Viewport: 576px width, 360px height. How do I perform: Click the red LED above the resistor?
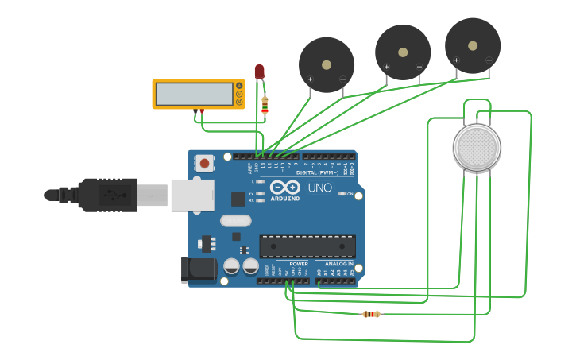(259, 72)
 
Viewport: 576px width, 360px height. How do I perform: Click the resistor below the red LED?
(265, 105)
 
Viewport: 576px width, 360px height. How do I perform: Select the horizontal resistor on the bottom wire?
(370, 314)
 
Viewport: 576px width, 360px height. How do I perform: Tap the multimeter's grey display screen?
(194, 94)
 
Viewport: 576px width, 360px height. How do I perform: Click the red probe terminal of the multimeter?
(202, 110)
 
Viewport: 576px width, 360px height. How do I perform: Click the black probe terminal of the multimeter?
(195, 110)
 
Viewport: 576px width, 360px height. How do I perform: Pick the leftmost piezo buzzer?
(326, 64)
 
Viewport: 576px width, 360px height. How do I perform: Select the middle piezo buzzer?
(403, 52)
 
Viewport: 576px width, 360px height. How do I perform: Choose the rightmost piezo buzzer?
(473, 45)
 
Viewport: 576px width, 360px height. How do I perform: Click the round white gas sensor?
(477, 147)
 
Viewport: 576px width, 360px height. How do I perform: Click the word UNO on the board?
(320, 188)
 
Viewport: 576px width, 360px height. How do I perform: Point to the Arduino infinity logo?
(284, 188)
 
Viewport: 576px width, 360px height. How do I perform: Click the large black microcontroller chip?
(307, 246)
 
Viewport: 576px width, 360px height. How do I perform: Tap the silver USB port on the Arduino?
(192, 195)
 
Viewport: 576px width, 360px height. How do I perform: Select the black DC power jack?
(198, 269)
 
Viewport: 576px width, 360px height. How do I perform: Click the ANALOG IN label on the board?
(338, 264)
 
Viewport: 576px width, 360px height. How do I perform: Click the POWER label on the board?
(298, 264)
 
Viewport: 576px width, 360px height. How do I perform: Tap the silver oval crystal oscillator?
(235, 220)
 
